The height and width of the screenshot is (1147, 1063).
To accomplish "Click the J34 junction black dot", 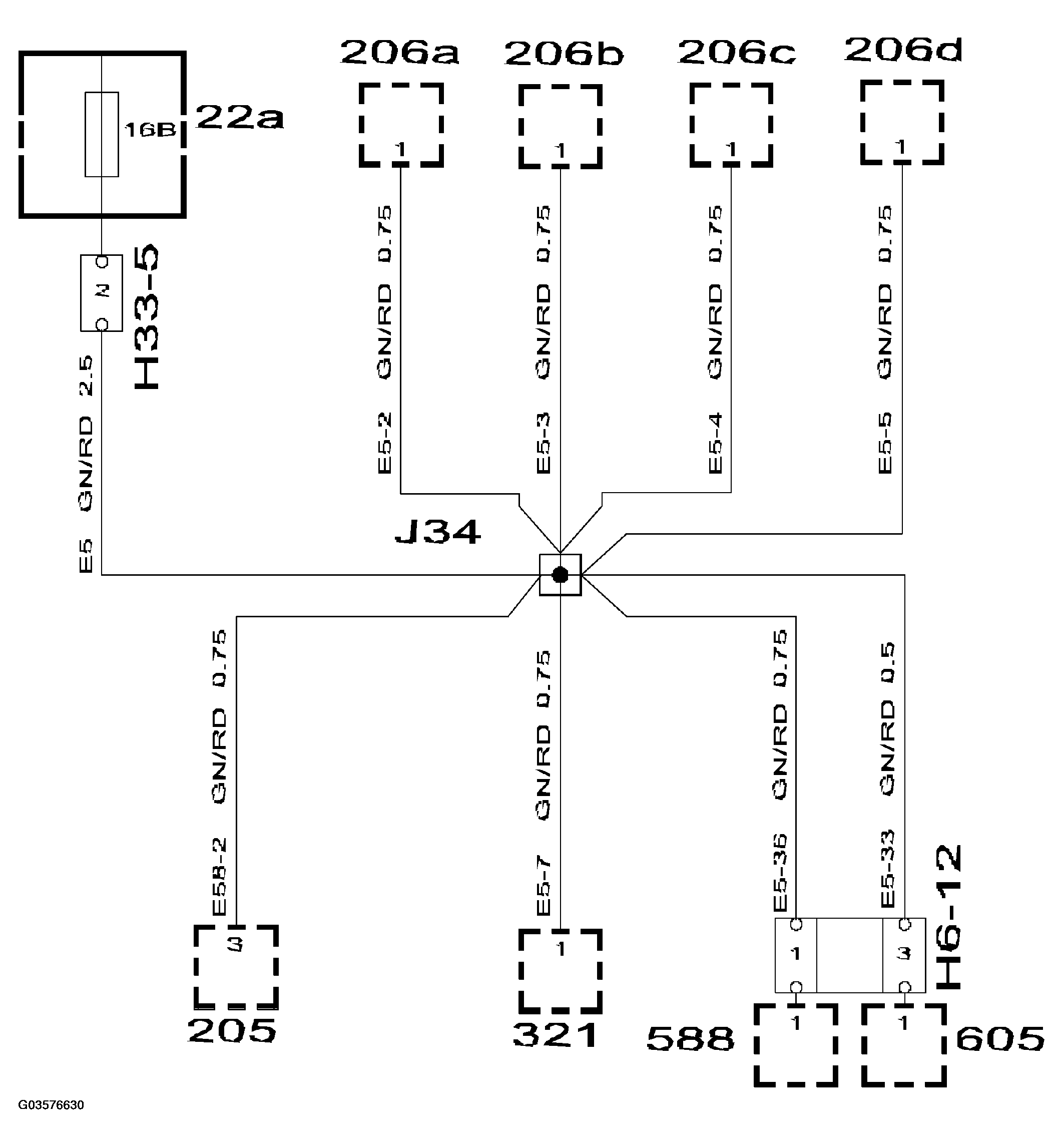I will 560,574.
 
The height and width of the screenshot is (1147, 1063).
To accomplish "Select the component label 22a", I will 239,118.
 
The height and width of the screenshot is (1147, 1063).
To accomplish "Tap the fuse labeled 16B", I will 102,134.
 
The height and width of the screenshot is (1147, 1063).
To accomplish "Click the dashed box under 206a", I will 401,125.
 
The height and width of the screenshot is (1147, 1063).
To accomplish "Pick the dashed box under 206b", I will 560,127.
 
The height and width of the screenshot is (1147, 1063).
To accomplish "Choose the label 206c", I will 736,53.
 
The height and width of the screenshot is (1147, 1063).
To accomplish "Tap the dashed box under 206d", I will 902,123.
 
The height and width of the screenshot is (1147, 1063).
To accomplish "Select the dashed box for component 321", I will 560,971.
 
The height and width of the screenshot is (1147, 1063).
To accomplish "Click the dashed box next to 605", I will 904,1044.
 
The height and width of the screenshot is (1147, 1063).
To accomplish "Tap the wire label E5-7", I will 544,886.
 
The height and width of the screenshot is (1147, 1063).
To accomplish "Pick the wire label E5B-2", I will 220,876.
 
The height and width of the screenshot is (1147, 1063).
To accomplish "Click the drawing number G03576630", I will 51,1105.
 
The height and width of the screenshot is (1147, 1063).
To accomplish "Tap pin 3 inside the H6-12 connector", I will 904,954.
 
